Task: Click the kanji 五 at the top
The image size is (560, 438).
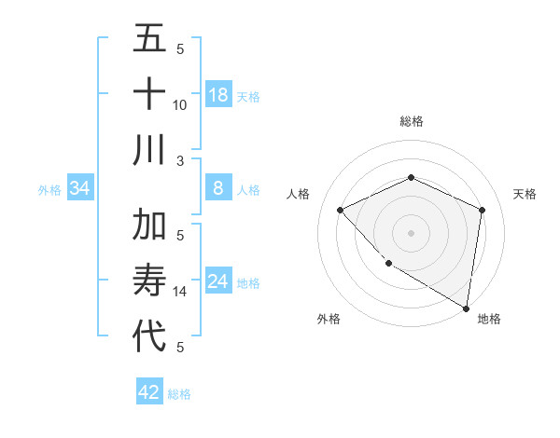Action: pyautogui.click(x=149, y=39)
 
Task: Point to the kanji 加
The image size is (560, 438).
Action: pyautogui.click(x=149, y=226)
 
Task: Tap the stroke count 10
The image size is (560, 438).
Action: pyautogui.click(x=180, y=105)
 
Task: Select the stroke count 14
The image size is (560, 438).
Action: pyautogui.click(x=180, y=292)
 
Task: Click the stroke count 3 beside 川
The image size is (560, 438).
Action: pyautogui.click(x=180, y=160)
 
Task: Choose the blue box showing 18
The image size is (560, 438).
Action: pyautogui.click(x=218, y=95)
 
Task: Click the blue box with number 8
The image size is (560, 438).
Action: pyautogui.click(x=218, y=189)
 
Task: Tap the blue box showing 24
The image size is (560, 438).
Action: pyautogui.click(x=218, y=282)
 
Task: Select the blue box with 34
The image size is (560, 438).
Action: pyautogui.click(x=80, y=189)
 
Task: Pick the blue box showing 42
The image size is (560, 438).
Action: pyautogui.click(x=149, y=392)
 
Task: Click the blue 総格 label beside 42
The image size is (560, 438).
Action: pyautogui.click(x=179, y=394)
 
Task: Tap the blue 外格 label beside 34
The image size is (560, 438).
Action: pyautogui.click(x=49, y=190)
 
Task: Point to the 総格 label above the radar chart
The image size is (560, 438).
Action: pyautogui.click(x=411, y=121)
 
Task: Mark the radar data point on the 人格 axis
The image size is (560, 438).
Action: pyautogui.click(x=341, y=210)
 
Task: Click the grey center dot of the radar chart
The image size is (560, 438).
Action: pyautogui.click(x=411, y=232)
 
